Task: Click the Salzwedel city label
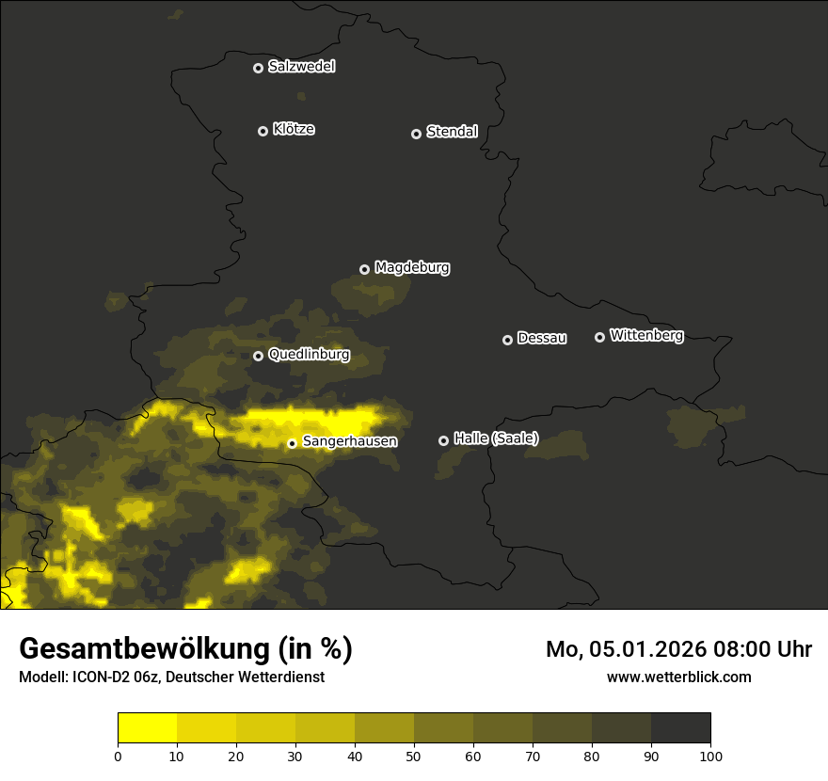pos(301,67)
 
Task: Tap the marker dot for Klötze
pos(263,131)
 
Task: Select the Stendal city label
pos(452,132)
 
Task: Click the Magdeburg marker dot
pos(365,270)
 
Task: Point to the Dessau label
pos(542,338)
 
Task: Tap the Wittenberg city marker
pos(599,337)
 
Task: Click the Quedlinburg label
pos(309,355)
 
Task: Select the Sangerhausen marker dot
pos(293,443)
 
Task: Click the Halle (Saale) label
pos(496,438)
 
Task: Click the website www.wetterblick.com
pos(678,677)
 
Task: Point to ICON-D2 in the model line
pos(103,677)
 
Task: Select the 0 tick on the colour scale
pos(118,756)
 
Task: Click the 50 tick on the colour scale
pos(414,756)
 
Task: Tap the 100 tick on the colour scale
pos(710,756)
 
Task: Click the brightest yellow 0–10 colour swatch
pos(148,728)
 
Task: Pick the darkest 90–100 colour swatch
pos(681,728)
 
